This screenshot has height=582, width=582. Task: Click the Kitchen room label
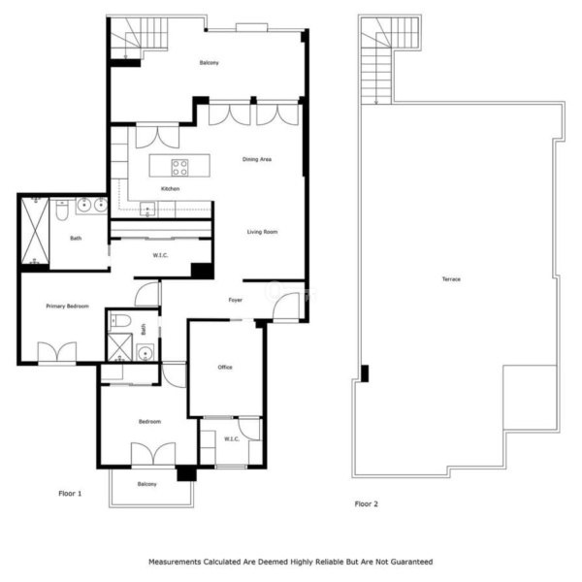170,189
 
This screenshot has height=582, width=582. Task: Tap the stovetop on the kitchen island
179,168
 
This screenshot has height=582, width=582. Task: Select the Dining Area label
257,159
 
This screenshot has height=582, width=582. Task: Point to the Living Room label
262,232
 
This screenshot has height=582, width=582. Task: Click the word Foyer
236,300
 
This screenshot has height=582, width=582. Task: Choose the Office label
225,367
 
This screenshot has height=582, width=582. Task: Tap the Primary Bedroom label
67,307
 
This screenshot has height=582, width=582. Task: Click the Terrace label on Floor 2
451,279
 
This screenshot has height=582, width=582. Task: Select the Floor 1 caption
70,494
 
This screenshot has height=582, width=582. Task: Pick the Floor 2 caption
366,503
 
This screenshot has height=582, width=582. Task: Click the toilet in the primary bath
62,210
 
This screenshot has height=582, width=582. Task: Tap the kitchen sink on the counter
147,210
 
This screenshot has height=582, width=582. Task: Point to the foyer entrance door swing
286,306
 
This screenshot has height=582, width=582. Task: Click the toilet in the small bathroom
120,321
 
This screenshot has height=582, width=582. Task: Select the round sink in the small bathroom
145,352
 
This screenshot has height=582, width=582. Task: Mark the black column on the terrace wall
365,373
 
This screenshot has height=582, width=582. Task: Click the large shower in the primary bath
35,230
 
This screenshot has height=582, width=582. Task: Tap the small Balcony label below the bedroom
147,484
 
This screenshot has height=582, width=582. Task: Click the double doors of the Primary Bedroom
57,352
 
